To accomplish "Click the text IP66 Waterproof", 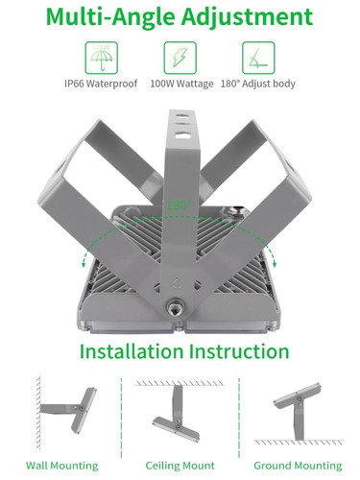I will click(103, 84).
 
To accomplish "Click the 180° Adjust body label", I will click(256, 84).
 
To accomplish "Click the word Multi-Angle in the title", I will click(119, 16).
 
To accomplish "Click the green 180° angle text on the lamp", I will click(176, 205).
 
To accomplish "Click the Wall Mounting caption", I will click(61, 465).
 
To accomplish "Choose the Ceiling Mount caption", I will click(180, 465).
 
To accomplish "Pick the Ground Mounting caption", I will click(298, 465).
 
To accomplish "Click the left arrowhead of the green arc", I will click(85, 258).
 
